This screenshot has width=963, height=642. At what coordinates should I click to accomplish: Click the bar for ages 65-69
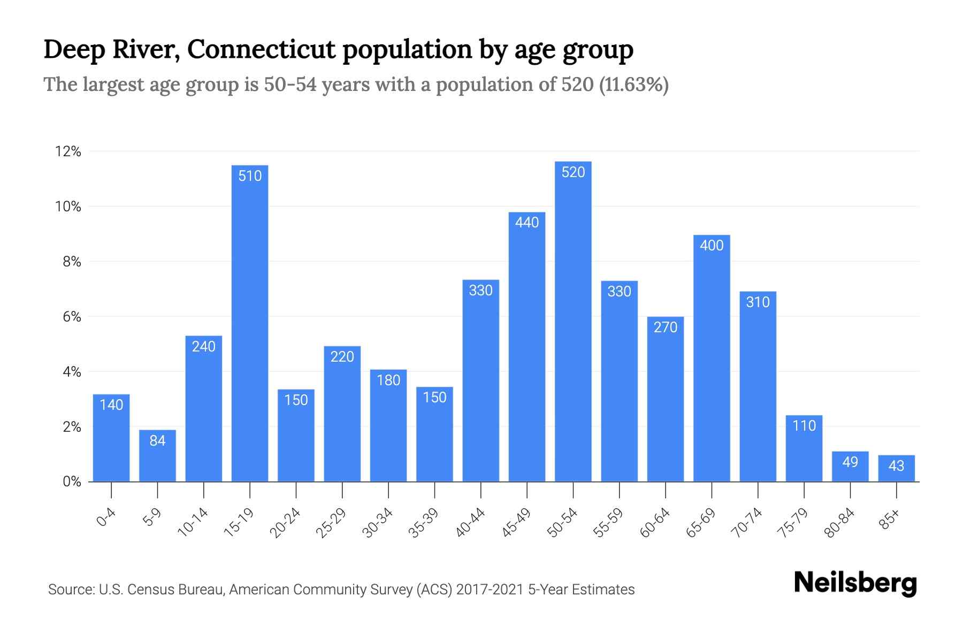pyautogui.click(x=712, y=364)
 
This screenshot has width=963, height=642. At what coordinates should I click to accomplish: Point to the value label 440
pyautogui.click(x=527, y=223)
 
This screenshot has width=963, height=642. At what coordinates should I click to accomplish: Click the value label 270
pyautogui.click(x=666, y=327)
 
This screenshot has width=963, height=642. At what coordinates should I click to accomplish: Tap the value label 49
pyautogui.click(x=850, y=462)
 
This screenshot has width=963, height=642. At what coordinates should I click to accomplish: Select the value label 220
pyautogui.click(x=342, y=357)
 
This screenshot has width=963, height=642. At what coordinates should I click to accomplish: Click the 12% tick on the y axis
pyautogui.click(x=68, y=152)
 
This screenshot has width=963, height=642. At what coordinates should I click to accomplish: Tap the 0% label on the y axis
pyautogui.click(x=72, y=482)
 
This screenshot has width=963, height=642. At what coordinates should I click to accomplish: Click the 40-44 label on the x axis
pyautogui.click(x=470, y=523)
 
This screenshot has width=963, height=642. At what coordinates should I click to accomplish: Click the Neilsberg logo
pyautogui.click(x=855, y=583)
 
